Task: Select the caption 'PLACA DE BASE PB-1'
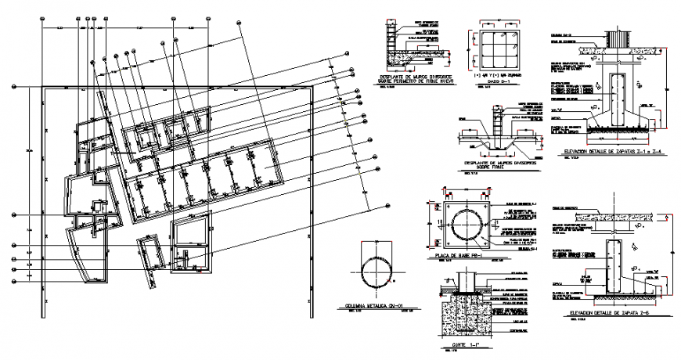click(467, 255)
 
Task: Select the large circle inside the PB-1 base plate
click(467, 225)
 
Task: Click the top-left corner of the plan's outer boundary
click(39, 90)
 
